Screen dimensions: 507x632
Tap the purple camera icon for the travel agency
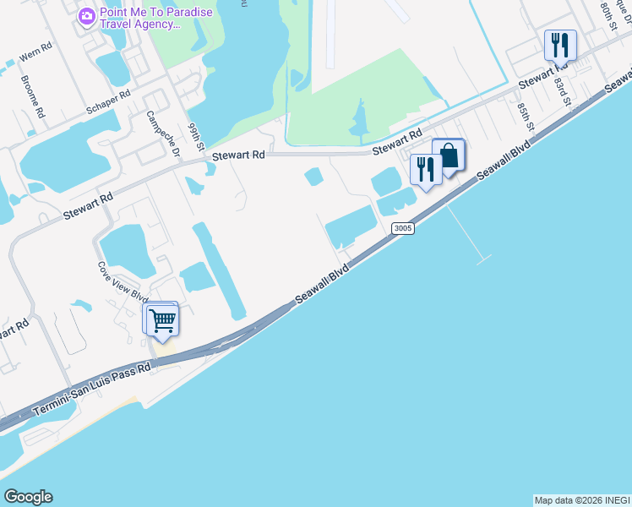[86, 16]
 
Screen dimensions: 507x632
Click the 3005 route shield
[402, 229]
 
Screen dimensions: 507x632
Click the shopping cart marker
[161, 320]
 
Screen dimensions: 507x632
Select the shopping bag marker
[449, 155]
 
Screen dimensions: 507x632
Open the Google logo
[28, 497]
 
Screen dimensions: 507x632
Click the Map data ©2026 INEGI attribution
[581, 500]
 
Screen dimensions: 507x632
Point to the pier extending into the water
[470, 233]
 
